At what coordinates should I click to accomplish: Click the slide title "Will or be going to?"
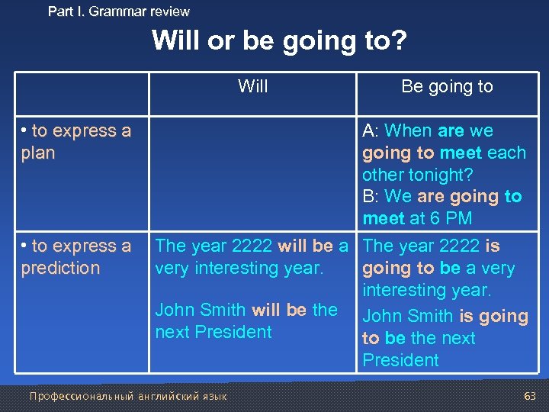point(279,40)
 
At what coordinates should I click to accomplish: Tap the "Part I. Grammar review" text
point(119,11)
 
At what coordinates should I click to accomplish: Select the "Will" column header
point(252,86)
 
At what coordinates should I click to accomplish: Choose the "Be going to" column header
point(447,86)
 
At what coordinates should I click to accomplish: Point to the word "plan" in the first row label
point(38,153)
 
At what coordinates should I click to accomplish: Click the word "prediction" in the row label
point(60,268)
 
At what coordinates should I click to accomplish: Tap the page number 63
point(530,396)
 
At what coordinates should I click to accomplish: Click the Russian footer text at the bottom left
point(127,396)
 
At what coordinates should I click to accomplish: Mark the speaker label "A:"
point(371,130)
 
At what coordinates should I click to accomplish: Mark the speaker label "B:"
point(371,196)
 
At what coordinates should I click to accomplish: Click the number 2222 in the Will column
point(252,246)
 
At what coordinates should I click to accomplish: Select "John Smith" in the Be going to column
point(407,316)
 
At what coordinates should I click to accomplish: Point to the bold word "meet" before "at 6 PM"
point(384,218)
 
